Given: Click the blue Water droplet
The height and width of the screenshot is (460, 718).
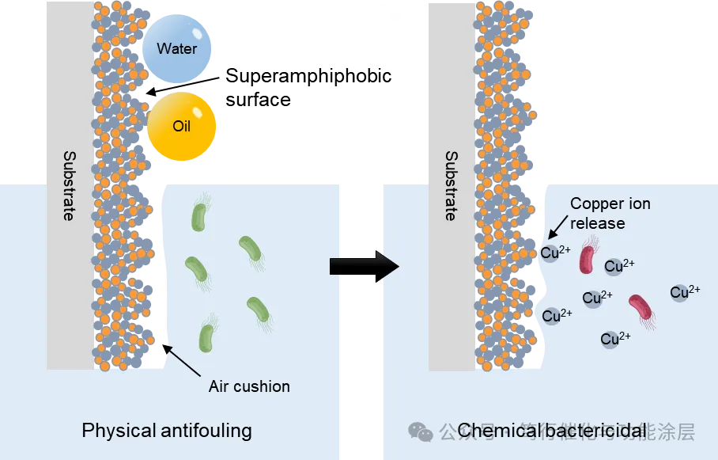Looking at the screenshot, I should coord(177,49).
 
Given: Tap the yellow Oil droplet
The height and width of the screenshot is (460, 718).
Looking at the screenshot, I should coord(181,126).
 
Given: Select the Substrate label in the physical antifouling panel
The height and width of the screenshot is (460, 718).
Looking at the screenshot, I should coord(69,185).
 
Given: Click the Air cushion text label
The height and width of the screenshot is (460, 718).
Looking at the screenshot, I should coord(249,387).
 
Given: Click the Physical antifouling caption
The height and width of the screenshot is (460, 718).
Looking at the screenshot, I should coord(167,431).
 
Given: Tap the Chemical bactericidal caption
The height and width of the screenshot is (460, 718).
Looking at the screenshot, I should coord(551,431).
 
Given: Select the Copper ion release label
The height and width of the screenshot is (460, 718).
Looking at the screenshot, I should coord(610,213).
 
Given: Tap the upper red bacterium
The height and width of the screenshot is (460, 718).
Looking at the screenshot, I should coord(587,258).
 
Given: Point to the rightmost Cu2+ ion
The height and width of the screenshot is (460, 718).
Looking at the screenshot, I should coord(684,292).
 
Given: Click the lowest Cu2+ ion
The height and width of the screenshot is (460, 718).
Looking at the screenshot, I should coord(614,339).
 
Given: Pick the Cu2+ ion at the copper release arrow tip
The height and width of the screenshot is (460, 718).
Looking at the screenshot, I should coord(554,253).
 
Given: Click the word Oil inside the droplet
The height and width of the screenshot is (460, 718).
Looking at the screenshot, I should coord(181,126).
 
